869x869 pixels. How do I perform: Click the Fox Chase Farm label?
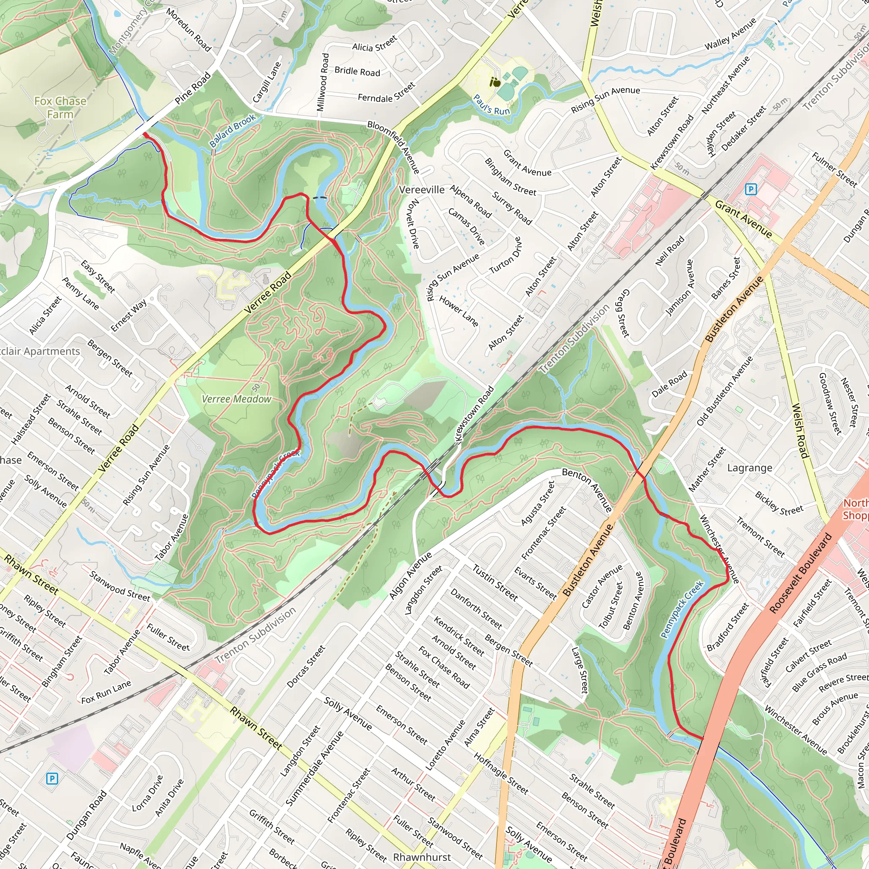pyautogui.click(x=60, y=107)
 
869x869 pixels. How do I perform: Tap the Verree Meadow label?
pyautogui.click(x=236, y=399)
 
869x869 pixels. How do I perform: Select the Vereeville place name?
pyautogui.click(x=421, y=190)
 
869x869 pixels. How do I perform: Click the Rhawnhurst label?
pyautogui.click(x=421, y=857)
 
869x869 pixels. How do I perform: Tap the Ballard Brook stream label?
pyautogui.click(x=232, y=131)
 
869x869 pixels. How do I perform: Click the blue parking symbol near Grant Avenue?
pyautogui.click(x=751, y=189)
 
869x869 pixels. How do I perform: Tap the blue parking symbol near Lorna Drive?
pyautogui.click(x=52, y=778)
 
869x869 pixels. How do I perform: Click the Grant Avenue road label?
pyautogui.click(x=743, y=219)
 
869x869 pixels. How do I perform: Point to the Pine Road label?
pyautogui.click(x=193, y=88)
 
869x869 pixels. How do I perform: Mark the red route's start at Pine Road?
pyautogui.click(x=143, y=134)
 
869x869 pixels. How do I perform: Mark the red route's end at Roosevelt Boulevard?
pyautogui.click(x=702, y=739)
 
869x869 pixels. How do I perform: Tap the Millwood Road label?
pyautogui.click(x=322, y=82)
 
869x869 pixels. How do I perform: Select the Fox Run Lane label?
pyautogui.click(x=106, y=692)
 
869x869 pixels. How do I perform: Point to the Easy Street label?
pyautogui.click(x=98, y=277)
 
